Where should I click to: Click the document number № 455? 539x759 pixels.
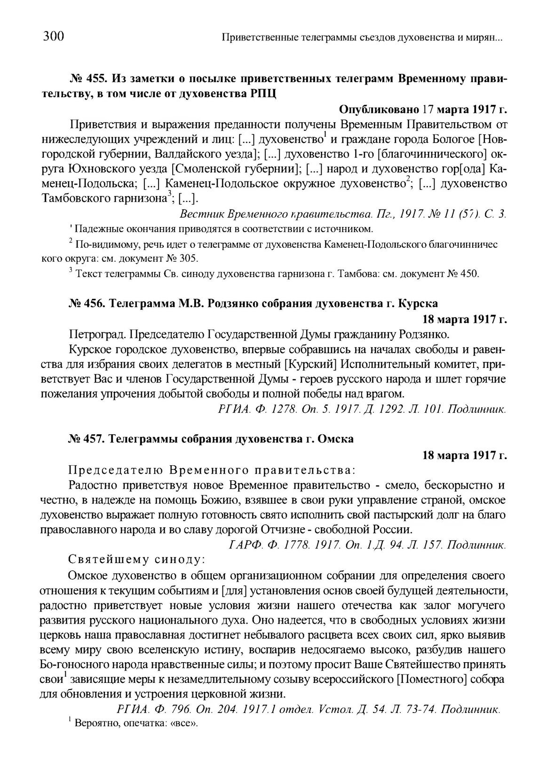(x=87, y=78)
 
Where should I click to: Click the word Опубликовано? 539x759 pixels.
(x=379, y=110)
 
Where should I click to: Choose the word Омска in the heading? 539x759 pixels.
(x=335, y=439)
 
